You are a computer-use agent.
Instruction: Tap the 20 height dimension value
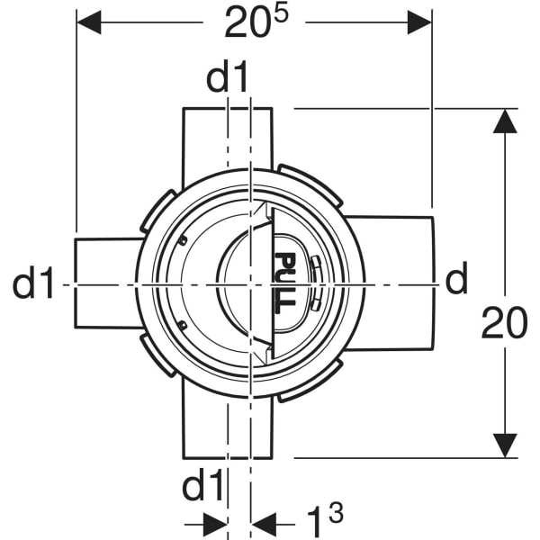coord(504,323)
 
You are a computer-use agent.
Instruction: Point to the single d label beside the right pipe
coord(457,282)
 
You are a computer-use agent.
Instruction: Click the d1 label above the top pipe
coord(227,79)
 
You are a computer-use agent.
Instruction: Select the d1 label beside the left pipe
coord(34,284)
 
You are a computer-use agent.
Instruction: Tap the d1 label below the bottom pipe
coord(203,488)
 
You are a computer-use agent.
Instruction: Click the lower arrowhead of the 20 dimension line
coord(507,445)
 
